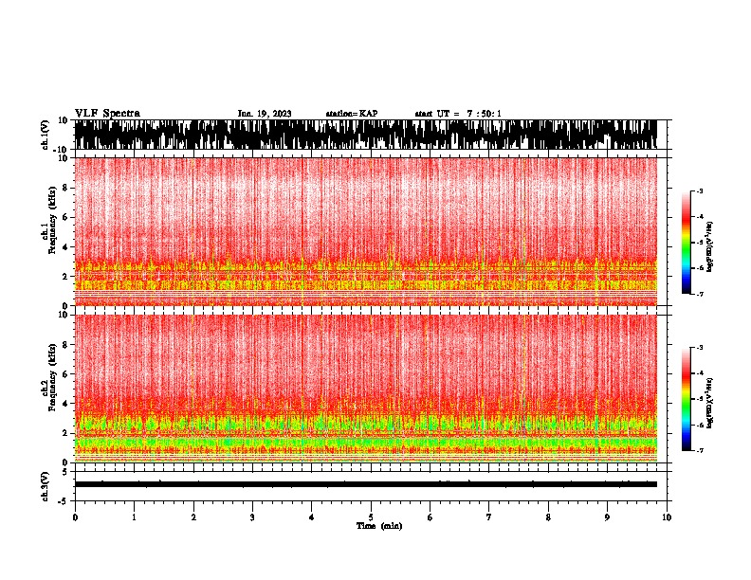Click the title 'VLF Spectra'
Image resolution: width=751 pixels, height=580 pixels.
[107, 113]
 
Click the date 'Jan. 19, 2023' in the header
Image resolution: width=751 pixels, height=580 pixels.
[265, 114]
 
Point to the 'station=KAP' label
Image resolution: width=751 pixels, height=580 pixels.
[352, 114]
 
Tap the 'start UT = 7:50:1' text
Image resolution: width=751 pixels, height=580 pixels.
[458, 114]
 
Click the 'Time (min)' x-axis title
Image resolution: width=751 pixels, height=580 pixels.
[378, 526]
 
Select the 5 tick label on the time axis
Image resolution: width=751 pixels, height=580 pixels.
[371, 517]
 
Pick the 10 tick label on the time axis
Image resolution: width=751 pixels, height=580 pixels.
[667, 517]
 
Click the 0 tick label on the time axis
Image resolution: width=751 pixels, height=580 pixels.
[75, 517]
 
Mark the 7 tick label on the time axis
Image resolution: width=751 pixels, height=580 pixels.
[489, 517]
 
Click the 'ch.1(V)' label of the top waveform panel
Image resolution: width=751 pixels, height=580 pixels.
[45, 135]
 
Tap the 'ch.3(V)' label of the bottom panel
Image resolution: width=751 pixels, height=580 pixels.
[45, 484]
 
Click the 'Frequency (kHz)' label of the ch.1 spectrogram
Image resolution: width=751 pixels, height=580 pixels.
[45, 227]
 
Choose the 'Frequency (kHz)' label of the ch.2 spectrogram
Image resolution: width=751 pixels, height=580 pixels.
[45, 383]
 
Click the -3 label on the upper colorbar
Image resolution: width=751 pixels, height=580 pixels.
[699, 191]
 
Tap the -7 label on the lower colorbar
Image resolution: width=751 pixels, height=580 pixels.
[699, 451]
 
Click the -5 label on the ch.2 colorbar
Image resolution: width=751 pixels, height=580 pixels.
[699, 399]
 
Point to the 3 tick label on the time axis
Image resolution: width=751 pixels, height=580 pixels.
[252, 517]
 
